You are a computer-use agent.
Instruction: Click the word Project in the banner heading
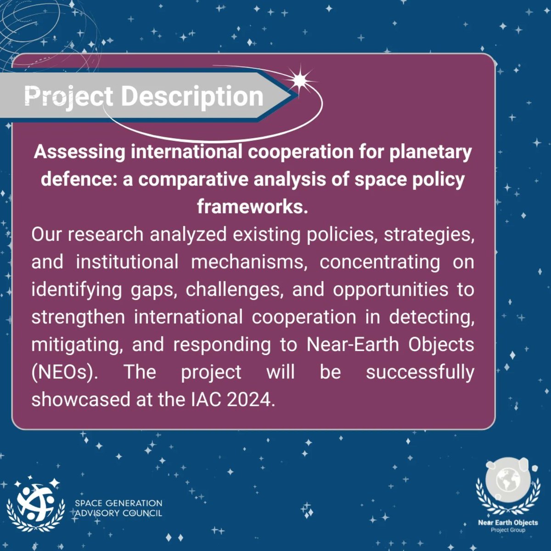[x=68, y=96]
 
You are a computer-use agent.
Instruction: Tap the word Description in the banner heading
[x=192, y=96]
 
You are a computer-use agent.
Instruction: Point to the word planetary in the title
[x=431, y=152]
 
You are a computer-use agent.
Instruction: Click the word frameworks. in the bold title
[x=252, y=207]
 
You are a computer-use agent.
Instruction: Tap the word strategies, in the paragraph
[x=429, y=235]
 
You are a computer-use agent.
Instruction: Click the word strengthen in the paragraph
[x=78, y=317]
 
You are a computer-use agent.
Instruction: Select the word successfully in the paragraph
[x=420, y=372]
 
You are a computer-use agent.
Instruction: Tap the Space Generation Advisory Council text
[x=118, y=508]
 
